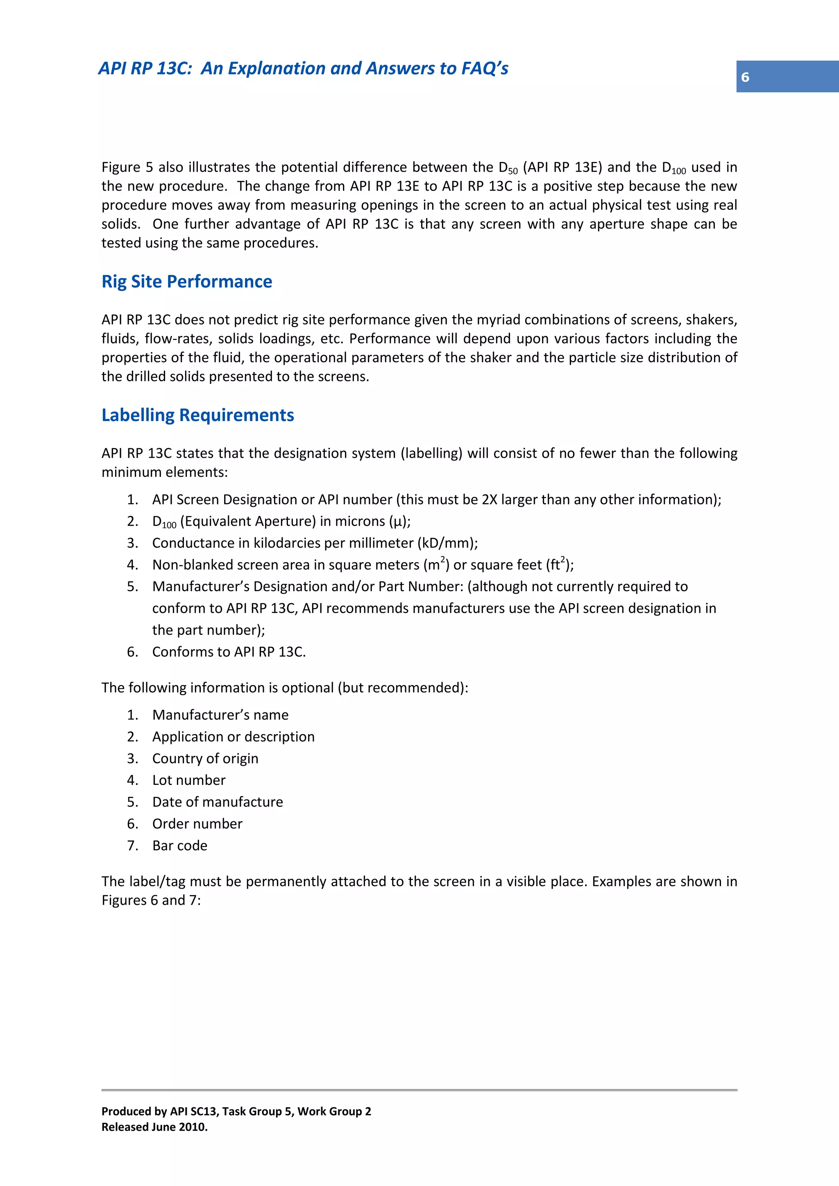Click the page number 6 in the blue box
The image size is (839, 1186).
click(x=744, y=77)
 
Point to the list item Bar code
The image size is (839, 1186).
click(x=179, y=846)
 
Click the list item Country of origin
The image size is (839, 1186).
click(x=205, y=758)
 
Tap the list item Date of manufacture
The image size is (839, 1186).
click(x=218, y=802)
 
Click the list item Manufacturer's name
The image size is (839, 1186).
click(x=220, y=715)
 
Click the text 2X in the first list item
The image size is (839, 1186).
click(x=489, y=499)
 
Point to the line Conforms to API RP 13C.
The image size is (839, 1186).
click(x=229, y=652)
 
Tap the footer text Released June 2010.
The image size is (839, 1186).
click(x=154, y=1127)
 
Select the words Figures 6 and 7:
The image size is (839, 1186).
click(x=151, y=900)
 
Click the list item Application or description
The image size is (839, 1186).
click(x=233, y=737)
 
